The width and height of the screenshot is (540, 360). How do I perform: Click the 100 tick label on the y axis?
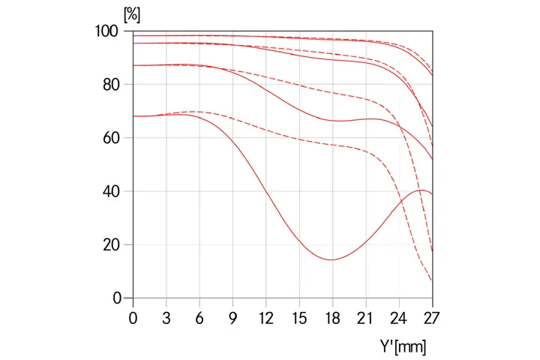[x=110, y=31]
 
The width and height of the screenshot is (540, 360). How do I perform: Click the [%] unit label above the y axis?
[x=132, y=14]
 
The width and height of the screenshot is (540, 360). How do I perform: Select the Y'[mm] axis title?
[x=403, y=347]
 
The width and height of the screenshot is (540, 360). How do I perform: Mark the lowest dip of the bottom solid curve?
[x=331, y=259]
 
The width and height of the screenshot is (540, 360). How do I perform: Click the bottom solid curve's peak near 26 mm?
[x=422, y=190]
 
